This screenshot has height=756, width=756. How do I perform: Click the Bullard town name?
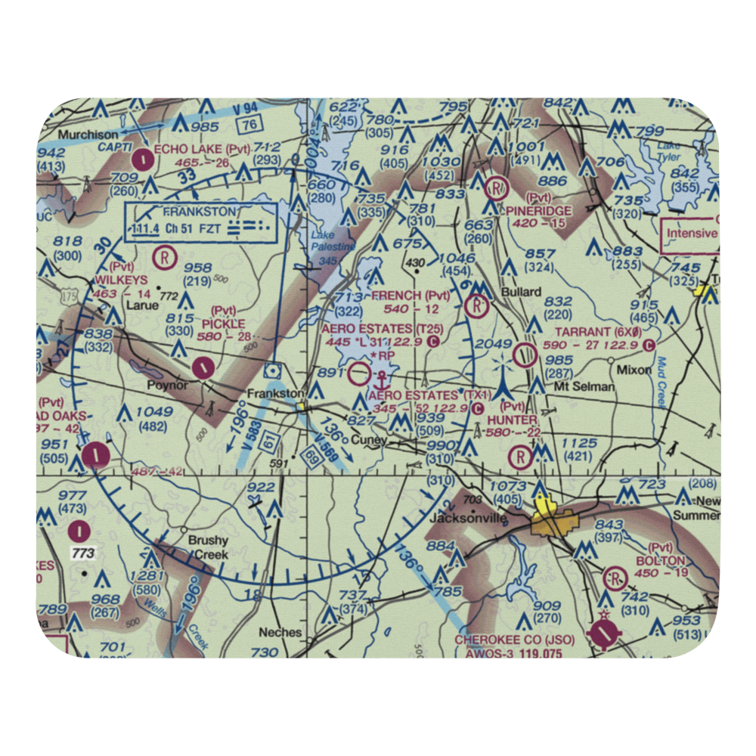click(522, 291)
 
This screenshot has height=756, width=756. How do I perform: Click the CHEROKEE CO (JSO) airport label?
click(514, 640)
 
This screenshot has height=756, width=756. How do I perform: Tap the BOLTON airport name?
click(660, 560)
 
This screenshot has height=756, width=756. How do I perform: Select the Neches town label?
click(280, 632)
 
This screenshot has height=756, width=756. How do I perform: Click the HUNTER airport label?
click(512, 420)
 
